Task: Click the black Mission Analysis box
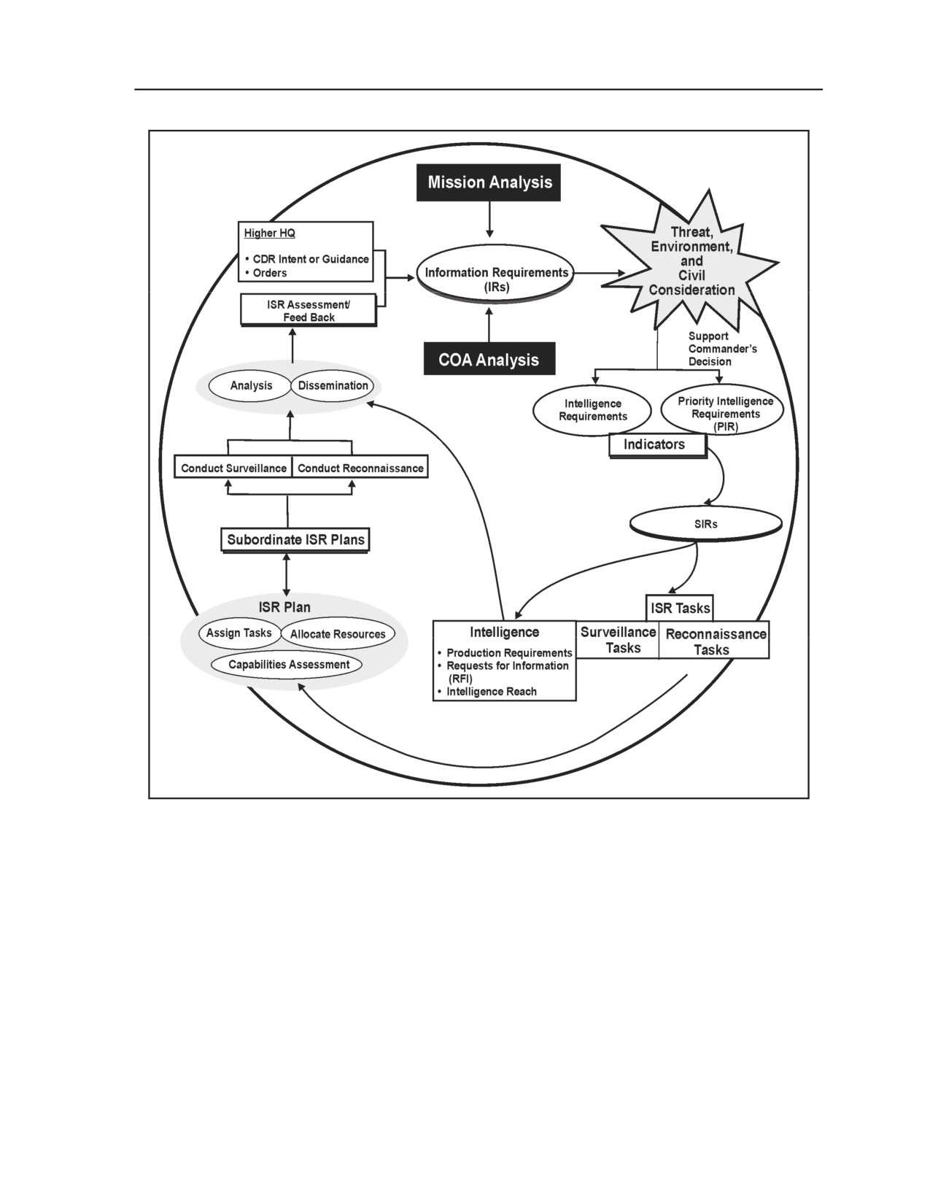[488, 182]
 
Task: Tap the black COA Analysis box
[489, 359]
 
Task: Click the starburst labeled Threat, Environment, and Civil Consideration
[690, 261]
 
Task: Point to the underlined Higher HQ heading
[270, 234]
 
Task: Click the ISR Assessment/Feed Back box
[309, 310]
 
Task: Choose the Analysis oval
[251, 385]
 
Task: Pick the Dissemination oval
[333, 385]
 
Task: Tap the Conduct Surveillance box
[233, 468]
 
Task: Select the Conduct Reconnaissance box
[360, 468]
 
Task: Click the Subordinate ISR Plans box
[295, 540]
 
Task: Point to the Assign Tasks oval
[239, 633]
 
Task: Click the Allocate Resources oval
[338, 634]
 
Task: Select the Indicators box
[657, 445]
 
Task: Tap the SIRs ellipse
[705, 524]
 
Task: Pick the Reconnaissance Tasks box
[715, 641]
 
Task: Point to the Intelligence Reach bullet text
[492, 692]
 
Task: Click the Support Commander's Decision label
[722, 349]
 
